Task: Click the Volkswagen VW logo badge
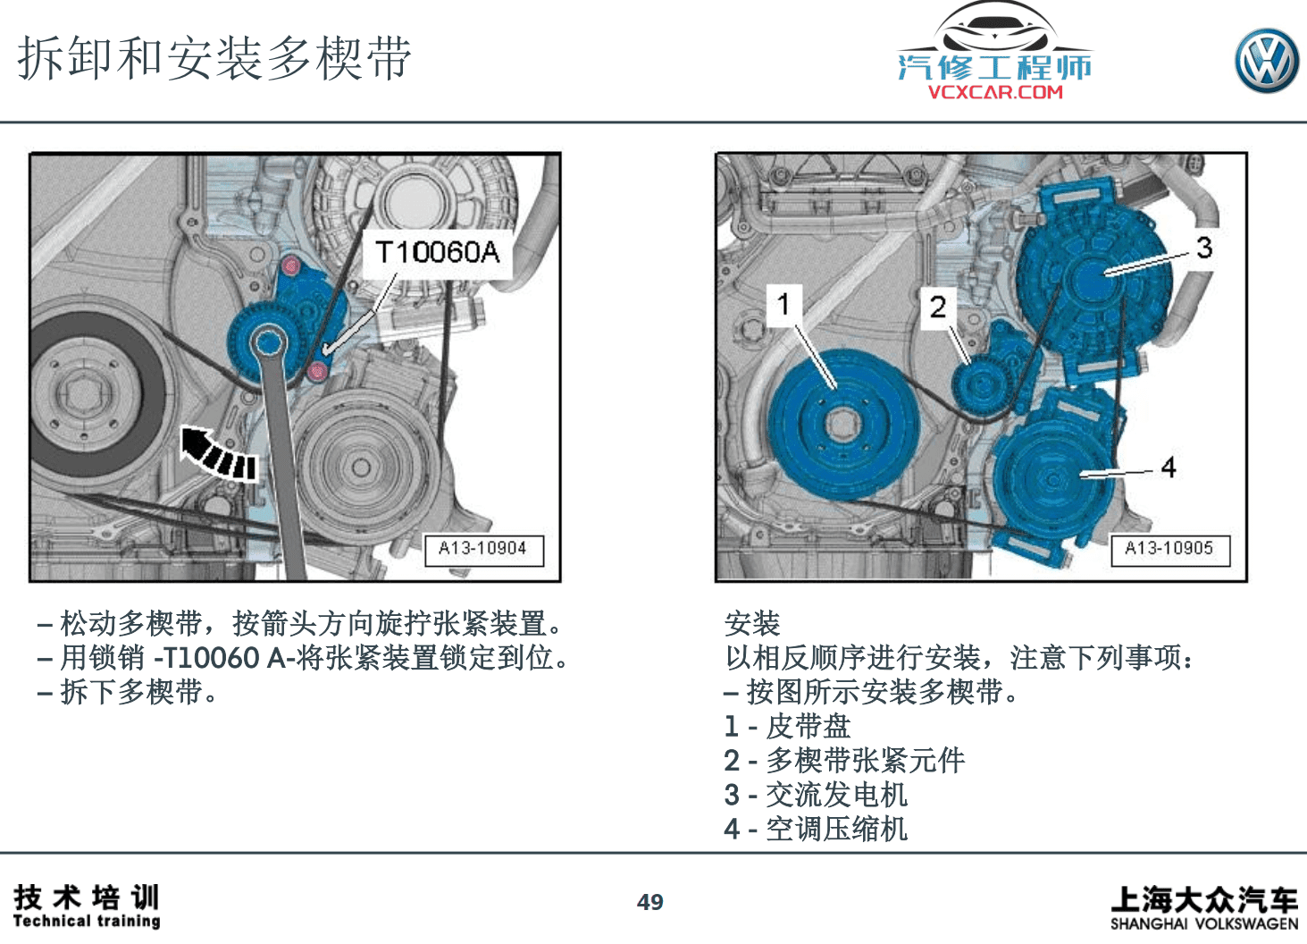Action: point(1267,61)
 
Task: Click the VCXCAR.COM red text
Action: point(995,91)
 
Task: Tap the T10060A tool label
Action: point(437,253)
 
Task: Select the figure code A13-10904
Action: point(482,548)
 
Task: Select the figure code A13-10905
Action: point(1169,548)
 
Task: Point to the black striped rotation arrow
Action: point(218,452)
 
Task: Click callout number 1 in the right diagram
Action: point(783,305)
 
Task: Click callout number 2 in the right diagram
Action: point(937,308)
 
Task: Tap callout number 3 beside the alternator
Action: point(1203,248)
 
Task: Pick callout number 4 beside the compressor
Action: point(1168,467)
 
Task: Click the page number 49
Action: point(649,902)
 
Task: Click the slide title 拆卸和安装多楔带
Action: point(214,59)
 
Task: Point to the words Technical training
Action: point(87,921)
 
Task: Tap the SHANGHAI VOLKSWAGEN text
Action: point(1203,923)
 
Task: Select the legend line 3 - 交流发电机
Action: point(816,795)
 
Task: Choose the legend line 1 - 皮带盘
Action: point(787,727)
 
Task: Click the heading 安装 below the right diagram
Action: point(752,623)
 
